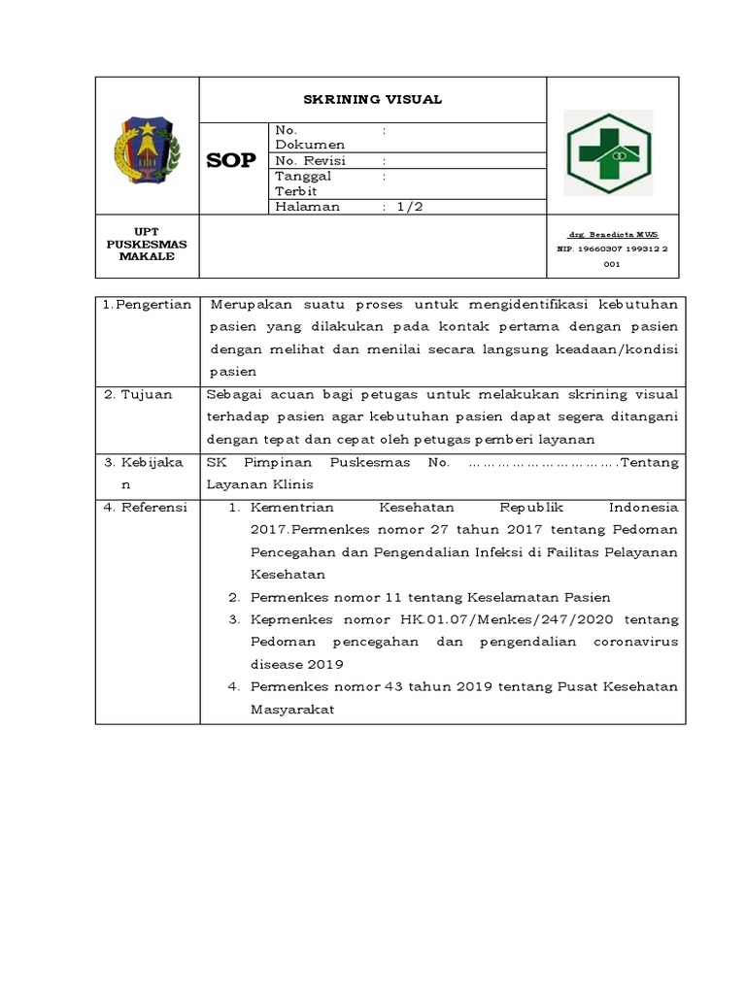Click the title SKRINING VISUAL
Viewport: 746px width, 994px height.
pos(373,99)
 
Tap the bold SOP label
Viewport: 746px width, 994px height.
pos(232,161)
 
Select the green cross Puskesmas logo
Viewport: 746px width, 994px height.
pos(609,152)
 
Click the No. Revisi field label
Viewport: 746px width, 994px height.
pos(311,161)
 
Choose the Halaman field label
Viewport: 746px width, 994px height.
pos(308,207)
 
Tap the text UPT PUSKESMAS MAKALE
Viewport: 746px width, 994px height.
pos(147,244)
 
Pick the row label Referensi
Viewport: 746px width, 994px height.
pos(153,508)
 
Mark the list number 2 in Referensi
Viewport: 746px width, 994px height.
pos(234,597)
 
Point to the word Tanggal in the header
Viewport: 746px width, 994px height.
pos(303,177)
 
